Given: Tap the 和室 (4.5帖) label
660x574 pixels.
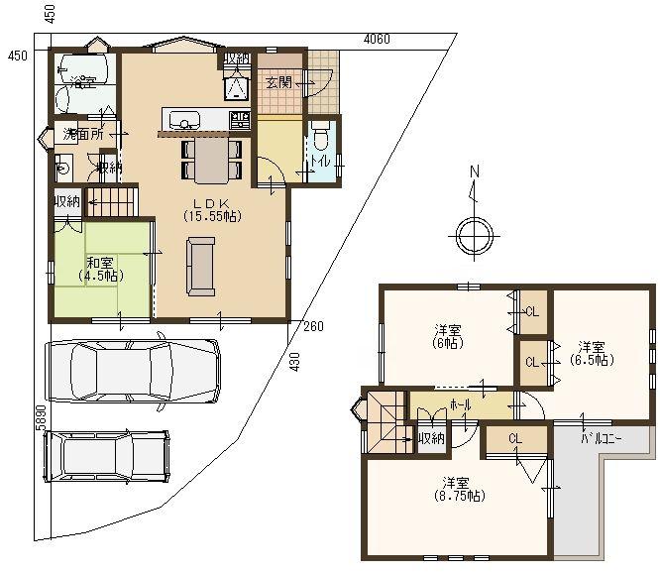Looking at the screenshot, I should click(x=98, y=269).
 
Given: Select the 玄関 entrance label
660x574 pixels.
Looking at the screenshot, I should click(x=278, y=82).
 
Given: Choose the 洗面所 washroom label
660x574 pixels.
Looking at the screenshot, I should click(x=83, y=134).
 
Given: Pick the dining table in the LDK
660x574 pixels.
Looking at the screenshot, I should click(x=210, y=159).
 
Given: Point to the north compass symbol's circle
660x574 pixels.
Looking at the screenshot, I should click(x=473, y=235).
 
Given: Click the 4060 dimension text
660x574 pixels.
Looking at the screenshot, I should click(x=377, y=40).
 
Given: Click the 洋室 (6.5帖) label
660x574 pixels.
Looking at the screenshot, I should click(x=592, y=353).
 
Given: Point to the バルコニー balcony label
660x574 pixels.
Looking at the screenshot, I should click(x=601, y=436).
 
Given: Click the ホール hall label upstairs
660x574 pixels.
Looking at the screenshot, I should click(x=461, y=405).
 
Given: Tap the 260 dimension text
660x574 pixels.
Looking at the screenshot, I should click(x=313, y=326).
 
